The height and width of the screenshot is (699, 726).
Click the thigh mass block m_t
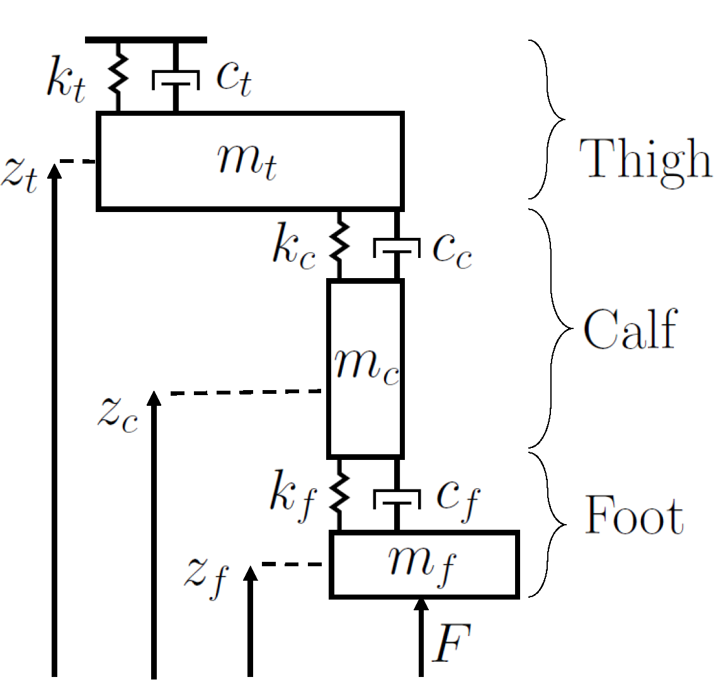click(x=249, y=161)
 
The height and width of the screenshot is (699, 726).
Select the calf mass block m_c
click(x=365, y=368)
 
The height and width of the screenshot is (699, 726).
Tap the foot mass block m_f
click(x=424, y=564)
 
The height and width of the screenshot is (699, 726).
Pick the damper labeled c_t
click(x=176, y=79)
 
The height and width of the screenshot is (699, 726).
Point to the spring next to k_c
click(x=339, y=244)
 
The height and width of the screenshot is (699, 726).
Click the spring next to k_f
click(x=339, y=494)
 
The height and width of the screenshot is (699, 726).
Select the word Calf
click(x=630, y=329)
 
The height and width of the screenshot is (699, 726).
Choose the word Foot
click(x=633, y=515)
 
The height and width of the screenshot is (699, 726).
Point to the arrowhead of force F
click(x=421, y=605)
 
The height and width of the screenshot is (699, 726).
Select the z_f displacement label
click(x=206, y=576)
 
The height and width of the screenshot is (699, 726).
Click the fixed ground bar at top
click(x=146, y=40)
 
